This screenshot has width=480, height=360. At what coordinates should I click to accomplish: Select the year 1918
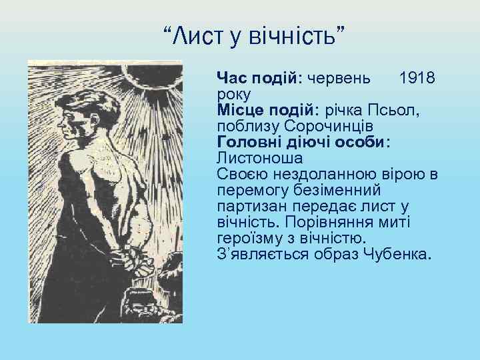(x=417, y=78)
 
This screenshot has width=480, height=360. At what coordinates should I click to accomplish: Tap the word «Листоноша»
(x=259, y=158)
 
